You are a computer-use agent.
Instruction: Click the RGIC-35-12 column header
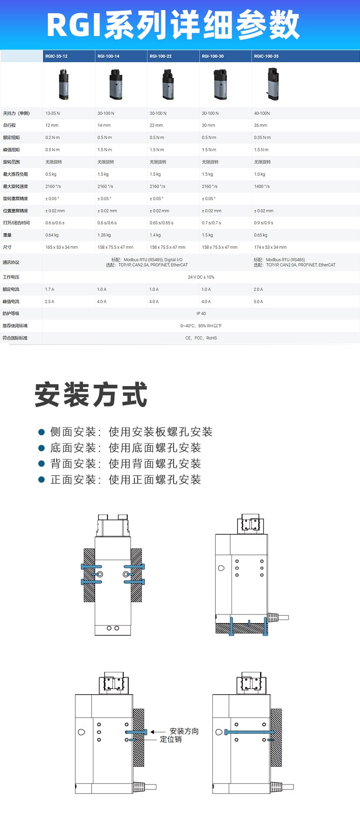(x=57, y=57)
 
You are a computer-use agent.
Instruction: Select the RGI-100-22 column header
(x=160, y=57)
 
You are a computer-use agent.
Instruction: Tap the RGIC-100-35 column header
(x=266, y=57)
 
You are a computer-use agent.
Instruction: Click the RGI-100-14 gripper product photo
(x=116, y=84)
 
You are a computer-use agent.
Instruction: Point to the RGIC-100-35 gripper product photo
(x=273, y=84)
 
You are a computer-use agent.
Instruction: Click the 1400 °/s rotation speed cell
(x=262, y=186)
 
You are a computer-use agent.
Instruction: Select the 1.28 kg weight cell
(x=104, y=235)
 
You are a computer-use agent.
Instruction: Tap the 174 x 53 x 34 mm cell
(x=270, y=248)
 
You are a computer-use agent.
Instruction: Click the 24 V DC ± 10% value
(x=201, y=277)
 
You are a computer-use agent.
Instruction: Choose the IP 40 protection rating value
(x=201, y=314)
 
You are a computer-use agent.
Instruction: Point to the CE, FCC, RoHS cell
(x=201, y=338)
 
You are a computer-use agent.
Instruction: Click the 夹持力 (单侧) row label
(x=16, y=114)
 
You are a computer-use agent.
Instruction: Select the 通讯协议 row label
(x=11, y=263)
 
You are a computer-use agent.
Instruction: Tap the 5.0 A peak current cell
(x=258, y=302)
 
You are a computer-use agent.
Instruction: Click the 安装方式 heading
(x=91, y=394)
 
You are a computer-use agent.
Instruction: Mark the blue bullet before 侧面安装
(x=41, y=432)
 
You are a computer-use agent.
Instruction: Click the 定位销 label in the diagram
(x=171, y=739)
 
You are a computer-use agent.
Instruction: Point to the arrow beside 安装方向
(x=158, y=732)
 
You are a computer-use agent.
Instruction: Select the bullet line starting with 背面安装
(x=126, y=464)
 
